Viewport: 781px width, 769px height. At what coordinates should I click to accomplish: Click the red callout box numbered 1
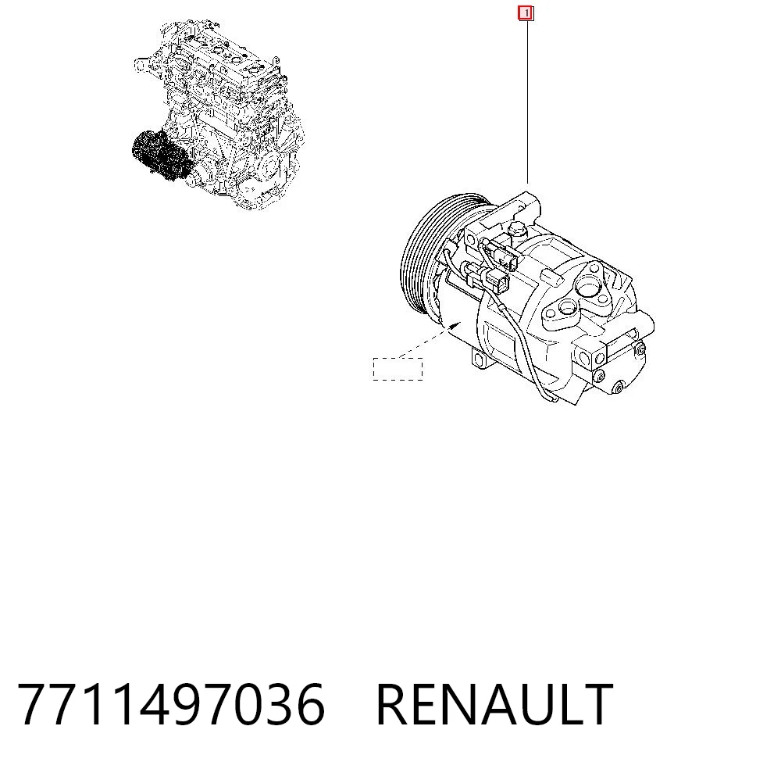tap(526, 13)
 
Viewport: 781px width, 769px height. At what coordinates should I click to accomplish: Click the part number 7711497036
tap(171, 705)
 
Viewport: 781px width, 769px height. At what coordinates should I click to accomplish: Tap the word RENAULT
tap(494, 705)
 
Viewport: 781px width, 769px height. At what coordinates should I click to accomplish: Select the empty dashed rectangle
tap(398, 369)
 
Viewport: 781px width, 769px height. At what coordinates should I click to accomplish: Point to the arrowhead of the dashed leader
tap(455, 326)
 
